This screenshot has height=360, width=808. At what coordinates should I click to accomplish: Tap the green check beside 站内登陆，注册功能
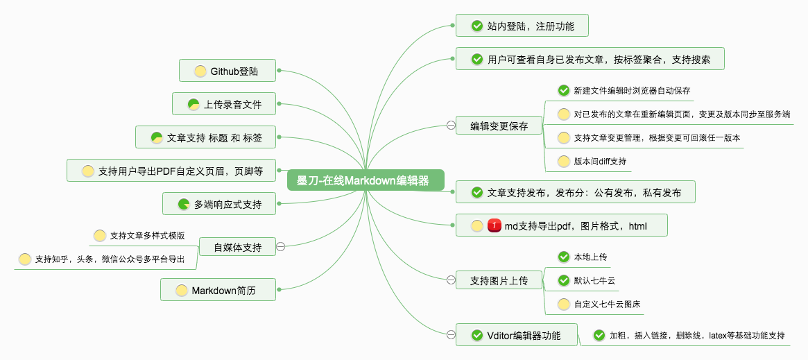[477, 26]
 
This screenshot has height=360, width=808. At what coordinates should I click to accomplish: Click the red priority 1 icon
[495, 225]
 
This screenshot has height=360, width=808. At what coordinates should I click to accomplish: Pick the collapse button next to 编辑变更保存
[451, 126]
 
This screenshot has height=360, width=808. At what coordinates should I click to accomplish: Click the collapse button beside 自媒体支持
[280, 246]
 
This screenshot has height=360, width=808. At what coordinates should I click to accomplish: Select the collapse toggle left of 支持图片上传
[451, 280]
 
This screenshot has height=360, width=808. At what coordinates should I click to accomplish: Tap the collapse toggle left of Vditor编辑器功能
[451, 335]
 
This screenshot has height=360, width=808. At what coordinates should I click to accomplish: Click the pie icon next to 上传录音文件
[194, 105]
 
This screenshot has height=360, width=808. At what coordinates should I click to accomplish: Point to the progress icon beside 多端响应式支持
[184, 204]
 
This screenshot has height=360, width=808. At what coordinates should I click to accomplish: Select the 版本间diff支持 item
[600, 161]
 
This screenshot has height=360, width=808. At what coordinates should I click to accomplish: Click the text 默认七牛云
[594, 280]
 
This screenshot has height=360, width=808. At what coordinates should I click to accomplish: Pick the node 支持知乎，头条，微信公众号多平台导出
[110, 259]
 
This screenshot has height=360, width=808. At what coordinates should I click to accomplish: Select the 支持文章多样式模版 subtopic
[147, 236]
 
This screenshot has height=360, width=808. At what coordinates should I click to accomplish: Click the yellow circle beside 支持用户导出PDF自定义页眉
[87, 171]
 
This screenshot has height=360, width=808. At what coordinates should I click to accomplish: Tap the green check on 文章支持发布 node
[477, 192]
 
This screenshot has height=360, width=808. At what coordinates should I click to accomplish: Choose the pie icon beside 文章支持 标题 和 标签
[157, 137]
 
